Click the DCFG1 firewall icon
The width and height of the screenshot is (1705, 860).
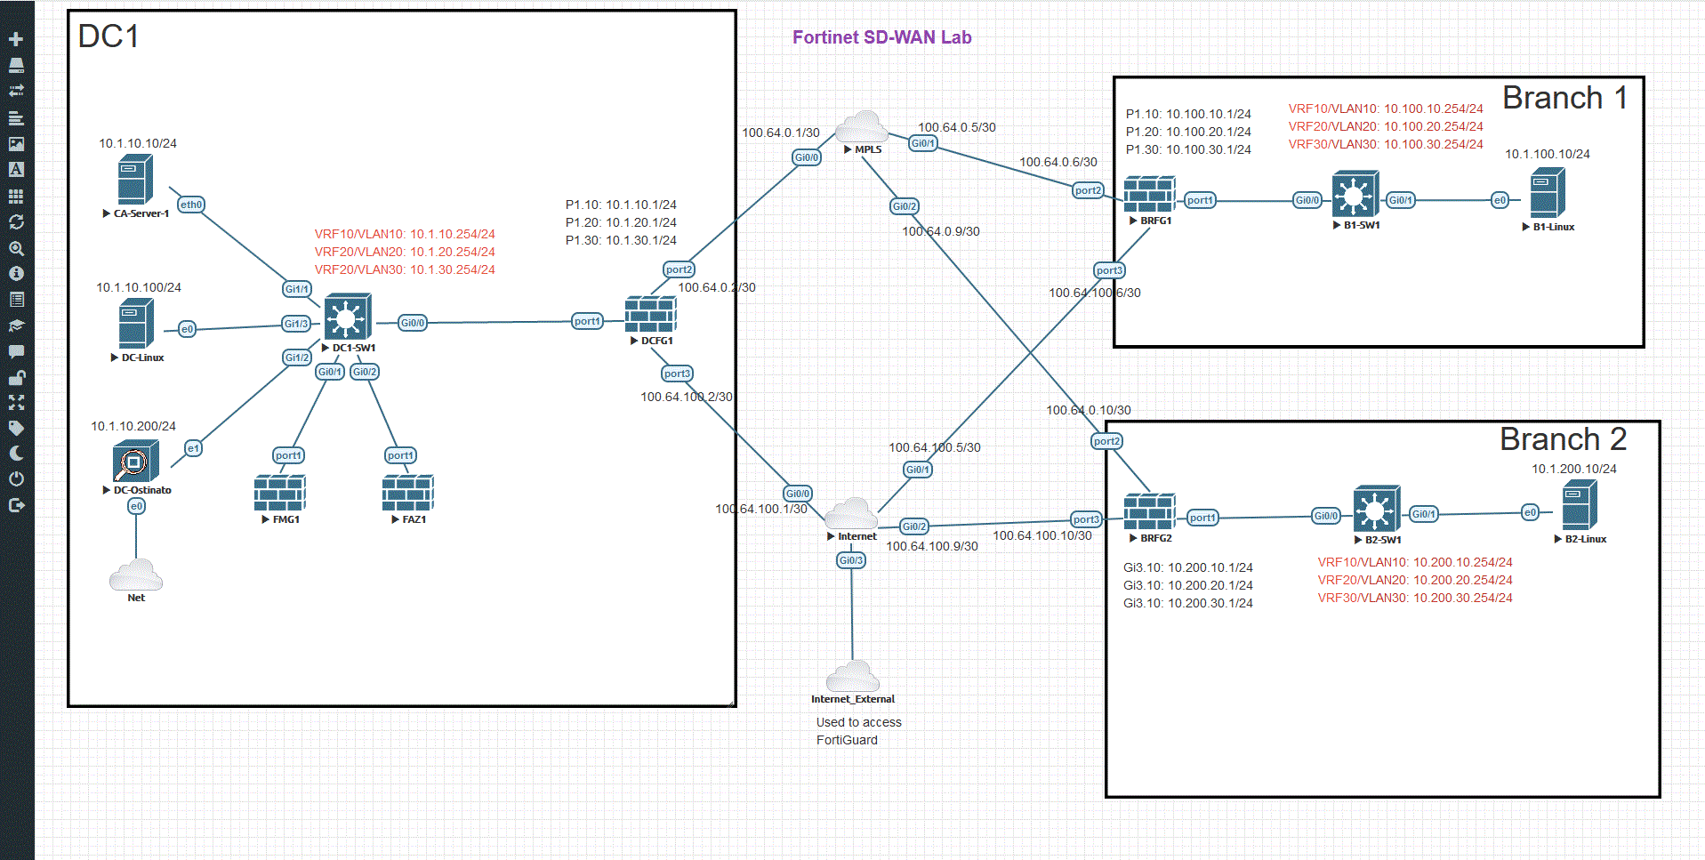650,315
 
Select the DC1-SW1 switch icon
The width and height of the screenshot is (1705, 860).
347,317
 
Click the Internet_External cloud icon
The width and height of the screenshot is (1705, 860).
852,677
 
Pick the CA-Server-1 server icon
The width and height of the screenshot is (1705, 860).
135,180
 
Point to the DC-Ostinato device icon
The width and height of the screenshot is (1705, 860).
135,462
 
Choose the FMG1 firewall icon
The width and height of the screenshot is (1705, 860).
279,493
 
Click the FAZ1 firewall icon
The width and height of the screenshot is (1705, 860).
407,493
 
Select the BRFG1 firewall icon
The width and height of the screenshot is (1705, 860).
1149,195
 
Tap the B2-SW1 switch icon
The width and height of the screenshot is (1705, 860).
1376,510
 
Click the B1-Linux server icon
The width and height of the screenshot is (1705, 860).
1548,193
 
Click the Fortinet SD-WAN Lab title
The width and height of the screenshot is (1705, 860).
881,37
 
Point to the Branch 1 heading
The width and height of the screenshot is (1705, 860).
1564,98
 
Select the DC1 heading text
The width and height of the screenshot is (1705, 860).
109,36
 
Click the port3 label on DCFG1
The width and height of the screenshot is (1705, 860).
677,374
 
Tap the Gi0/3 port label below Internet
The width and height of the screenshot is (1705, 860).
851,560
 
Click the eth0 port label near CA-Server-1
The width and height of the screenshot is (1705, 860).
191,205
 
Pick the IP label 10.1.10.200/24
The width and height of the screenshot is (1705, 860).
133,426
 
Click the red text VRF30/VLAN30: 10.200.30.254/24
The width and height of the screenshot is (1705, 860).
1414,598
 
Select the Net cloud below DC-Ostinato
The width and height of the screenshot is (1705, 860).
136,575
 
